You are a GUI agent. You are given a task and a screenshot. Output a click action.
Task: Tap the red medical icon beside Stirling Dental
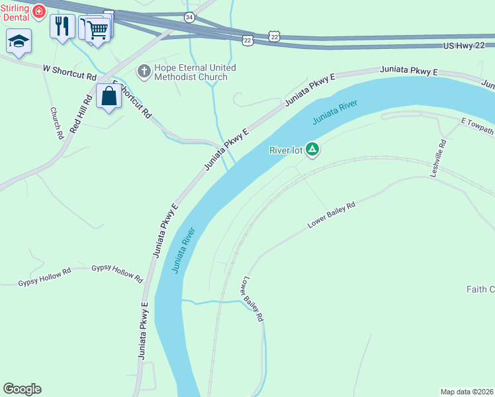click(x=39, y=11)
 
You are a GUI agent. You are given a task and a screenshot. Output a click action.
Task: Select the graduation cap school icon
click(x=19, y=40)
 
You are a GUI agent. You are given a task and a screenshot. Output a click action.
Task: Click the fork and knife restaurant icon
click(x=62, y=26)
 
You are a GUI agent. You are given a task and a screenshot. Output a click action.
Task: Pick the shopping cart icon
click(x=97, y=29)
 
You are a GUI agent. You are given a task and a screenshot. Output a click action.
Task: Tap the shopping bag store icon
click(x=109, y=96)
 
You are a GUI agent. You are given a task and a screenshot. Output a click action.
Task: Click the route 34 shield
click(x=190, y=17)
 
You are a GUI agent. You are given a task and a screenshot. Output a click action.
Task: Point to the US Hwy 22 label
click(x=467, y=46)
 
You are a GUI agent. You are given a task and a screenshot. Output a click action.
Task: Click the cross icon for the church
click(x=143, y=70)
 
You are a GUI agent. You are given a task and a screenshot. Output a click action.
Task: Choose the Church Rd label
click(x=56, y=123)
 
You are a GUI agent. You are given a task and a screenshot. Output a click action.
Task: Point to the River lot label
click(x=286, y=150)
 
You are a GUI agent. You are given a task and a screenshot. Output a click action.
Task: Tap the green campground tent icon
click(x=312, y=150)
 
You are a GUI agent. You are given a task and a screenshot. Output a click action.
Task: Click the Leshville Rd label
click(x=438, y=157)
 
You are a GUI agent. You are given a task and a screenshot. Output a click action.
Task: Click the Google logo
click(x=22, y=389)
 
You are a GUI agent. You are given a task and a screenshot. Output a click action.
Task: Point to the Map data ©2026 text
click(x=467, y=392)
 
